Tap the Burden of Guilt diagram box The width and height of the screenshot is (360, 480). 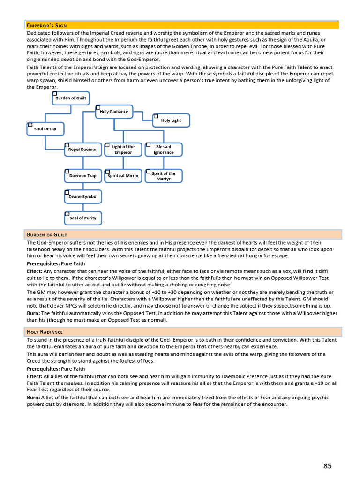coord(71,98)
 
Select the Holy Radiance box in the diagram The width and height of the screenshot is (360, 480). coord(114,112)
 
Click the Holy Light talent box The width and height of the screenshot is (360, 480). coord(171,120)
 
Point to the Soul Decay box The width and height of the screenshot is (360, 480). coord(45,129)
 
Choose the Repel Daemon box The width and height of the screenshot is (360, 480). coord(82,150)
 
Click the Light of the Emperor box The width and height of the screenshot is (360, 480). coord(123,150)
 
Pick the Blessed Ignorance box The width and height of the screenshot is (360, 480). coord(164,150)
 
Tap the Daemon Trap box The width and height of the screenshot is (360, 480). coord(82,176)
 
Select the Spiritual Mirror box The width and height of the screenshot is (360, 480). coord(123,176)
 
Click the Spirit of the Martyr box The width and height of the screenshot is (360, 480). coord(164,176)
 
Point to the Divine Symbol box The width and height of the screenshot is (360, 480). coord(82,197)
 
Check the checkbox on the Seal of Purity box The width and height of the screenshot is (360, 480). coord(67,214)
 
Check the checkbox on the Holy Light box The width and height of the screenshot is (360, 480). coord(156,116)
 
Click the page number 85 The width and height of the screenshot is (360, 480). coord(327,465)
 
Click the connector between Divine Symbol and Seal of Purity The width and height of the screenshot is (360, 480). coord(83,208)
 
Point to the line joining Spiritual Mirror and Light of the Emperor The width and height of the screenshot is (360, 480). coord(123,163)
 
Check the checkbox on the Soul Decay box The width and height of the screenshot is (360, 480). coord(30,125)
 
